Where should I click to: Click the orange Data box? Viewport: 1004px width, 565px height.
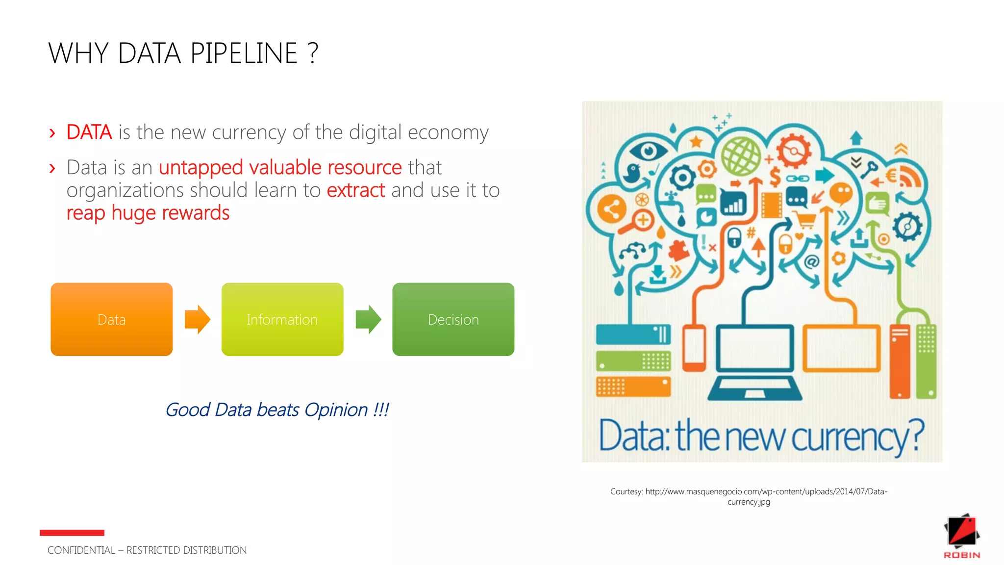pyautogui.click(x=111, y=319)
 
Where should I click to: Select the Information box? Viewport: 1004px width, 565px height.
pyautogui.click(x=282, y=319)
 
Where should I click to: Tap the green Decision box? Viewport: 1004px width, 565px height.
pyautogui.click(x=453, y=319)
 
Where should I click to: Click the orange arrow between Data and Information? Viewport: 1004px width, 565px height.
pyautogui.click(x=197, y=319)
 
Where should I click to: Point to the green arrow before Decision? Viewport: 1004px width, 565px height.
pyautogui.click(x=368, y=319)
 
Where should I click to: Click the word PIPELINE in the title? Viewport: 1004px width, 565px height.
pyautogui.click(x=244, y=53)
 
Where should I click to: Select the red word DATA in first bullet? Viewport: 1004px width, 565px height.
pyautogui.click(x=89, y=132)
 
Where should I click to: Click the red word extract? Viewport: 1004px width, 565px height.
pyautogui.click(x=356, y=190)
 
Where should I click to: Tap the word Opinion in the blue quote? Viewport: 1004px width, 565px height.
pyautogui.click(x=336, y=410)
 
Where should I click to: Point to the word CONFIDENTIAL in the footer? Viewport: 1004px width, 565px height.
pyautogui.click(x=81, y=550)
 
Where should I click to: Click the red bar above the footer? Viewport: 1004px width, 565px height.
pyautogui.click(x=72, y=533)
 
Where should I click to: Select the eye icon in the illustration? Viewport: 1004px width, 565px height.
pyautogui.click(x=648, y=150)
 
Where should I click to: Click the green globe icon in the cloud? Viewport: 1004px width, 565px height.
pyautogui.click(x=741, y=156)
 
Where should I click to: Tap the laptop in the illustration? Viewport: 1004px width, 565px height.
pyautogui.click(x=754, y=360)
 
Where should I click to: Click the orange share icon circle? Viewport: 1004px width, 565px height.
pyautogui.click(x=611, y=209)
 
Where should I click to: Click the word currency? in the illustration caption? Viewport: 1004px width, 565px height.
pyautogui.click(x=858, y=437)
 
